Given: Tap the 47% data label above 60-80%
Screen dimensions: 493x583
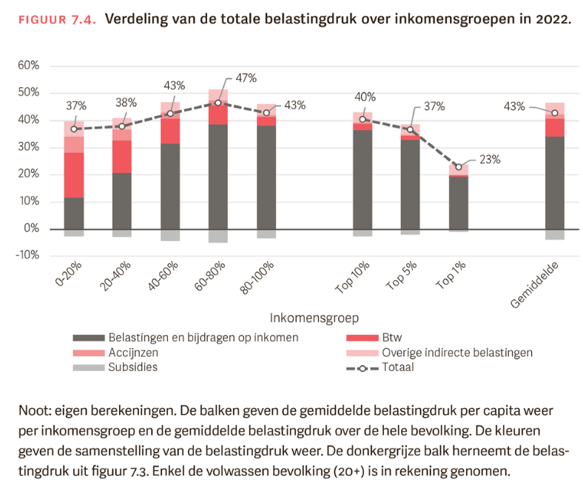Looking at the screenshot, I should tap(246, 78).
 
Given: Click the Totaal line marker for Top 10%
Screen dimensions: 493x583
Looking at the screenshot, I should tap(363, 119).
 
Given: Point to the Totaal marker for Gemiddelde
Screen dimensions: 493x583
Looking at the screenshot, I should tap(554, 113).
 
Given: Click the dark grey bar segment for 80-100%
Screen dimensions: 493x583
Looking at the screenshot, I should tap(266, 177).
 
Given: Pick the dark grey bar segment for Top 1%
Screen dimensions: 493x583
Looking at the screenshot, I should tap(459, 203).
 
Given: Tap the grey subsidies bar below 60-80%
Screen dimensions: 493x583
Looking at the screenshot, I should tap(218, 236).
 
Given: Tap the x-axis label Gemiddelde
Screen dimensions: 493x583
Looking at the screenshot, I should tap(533, 285).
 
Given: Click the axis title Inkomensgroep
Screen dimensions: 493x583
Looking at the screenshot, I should tap(314, 319).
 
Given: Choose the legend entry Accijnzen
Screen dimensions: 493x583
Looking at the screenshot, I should tap(132, 353).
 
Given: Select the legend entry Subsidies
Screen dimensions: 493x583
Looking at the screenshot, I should tap(132, 367).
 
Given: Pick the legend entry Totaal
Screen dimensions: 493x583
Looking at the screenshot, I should tap(398, 367).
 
